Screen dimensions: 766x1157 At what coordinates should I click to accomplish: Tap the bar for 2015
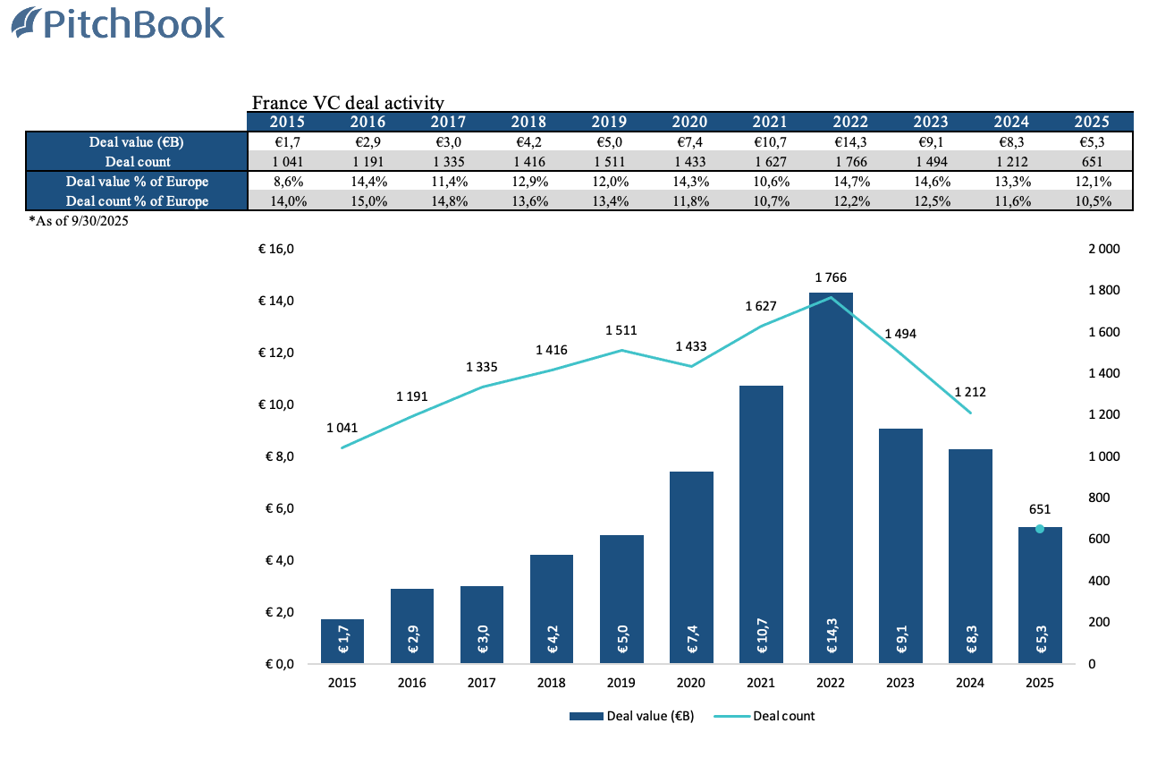point(342,641)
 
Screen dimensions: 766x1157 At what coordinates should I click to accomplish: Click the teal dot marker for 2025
point(1039,529)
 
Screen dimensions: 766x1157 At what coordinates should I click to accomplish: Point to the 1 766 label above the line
point(831,277)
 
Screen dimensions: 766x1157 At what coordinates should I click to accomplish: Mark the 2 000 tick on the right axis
point(1103,249)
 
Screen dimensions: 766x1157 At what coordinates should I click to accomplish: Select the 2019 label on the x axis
point(621,683)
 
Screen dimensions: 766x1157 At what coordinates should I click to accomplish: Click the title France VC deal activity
point(348,105)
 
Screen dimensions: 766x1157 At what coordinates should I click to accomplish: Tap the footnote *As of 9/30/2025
point(79,221)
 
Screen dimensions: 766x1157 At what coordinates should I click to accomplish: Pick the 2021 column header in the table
point(769,122)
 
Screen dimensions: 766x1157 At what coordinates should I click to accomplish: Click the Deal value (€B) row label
point(137,141)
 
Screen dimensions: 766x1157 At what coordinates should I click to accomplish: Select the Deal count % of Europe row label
point(137,201)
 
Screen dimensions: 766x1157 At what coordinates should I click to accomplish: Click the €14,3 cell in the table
point(849,141)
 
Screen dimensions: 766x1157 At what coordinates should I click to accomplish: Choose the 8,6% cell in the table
point(289,182)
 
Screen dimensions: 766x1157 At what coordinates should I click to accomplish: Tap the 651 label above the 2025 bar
point(1039,509)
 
